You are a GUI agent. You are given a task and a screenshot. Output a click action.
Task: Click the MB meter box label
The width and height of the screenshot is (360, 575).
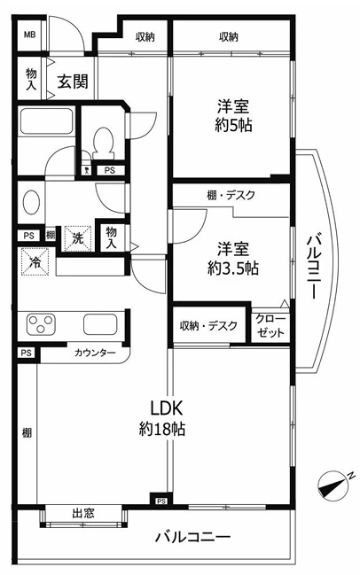click(x=29, y=35)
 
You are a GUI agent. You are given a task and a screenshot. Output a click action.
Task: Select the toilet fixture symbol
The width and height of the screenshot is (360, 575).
click(x=105, y=142)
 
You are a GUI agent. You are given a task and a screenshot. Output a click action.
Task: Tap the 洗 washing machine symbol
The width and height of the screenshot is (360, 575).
click(x=76, y=237)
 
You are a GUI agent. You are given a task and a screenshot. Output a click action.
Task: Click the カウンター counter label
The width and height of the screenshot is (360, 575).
click(x=95, y=353)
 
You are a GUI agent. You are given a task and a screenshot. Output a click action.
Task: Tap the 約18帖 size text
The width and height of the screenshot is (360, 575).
click(x=162, y=430)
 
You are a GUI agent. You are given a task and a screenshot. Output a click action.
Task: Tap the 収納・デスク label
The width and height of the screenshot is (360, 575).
click(x=208, y=326)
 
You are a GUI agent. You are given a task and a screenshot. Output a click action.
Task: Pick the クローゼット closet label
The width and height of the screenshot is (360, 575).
click(x=270, y=326)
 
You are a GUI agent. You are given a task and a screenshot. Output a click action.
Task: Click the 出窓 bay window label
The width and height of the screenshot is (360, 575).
click(x=84, y=513)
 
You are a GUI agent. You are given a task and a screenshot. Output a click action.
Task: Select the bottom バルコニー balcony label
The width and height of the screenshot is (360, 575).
click(x=192, y=537)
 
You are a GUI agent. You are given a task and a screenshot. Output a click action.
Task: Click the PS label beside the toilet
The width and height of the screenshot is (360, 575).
click(x=110, y=170)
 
